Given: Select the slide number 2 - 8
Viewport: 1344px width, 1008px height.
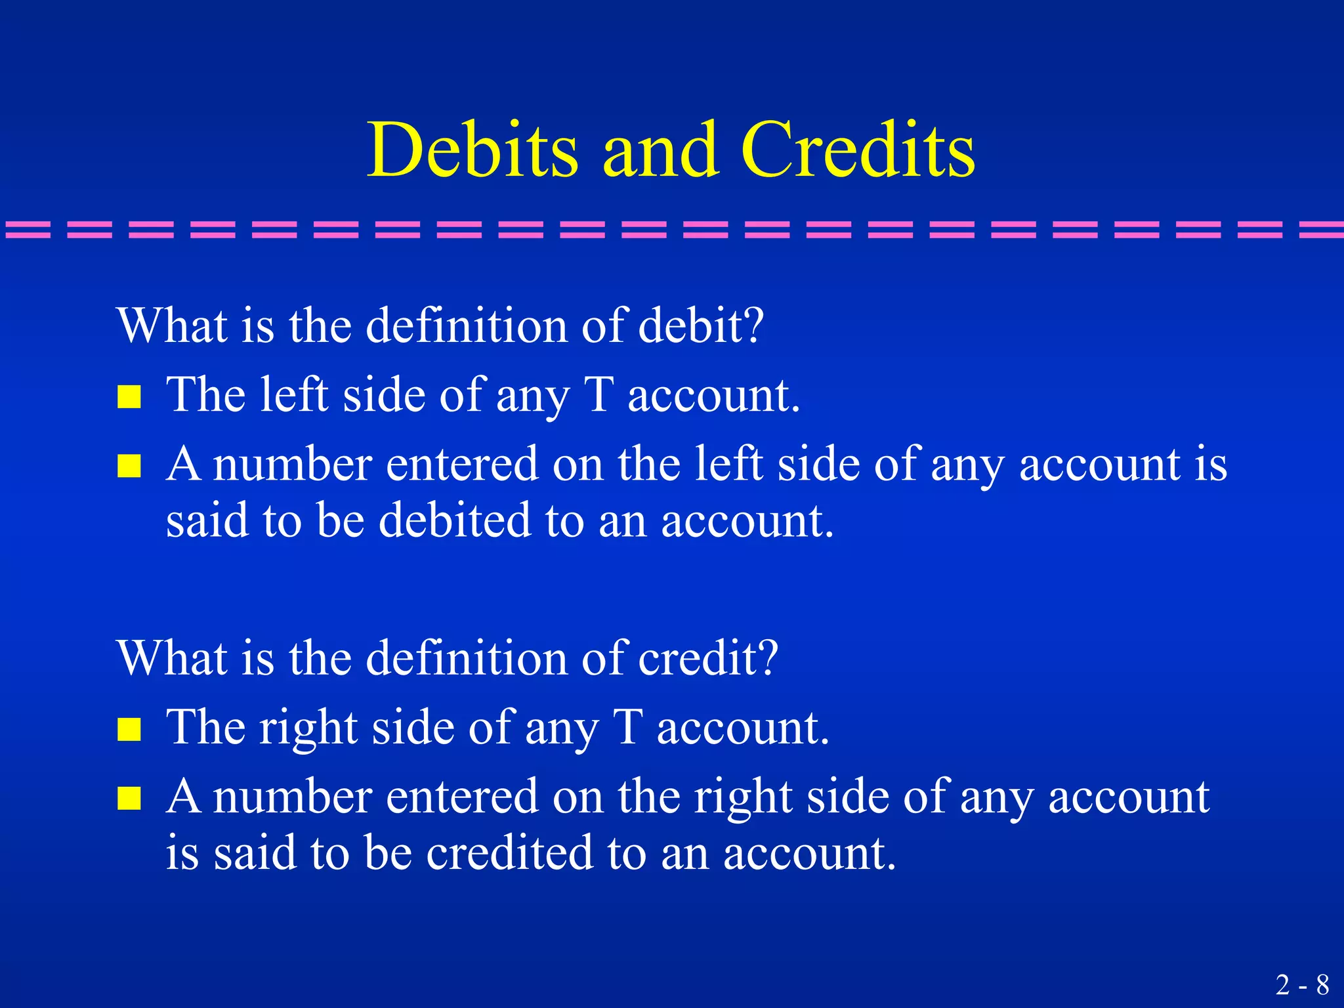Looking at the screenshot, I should (1303, 985).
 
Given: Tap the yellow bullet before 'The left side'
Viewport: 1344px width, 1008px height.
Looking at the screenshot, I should (129, 396).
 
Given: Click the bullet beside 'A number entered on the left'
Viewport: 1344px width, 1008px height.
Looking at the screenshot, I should (129, 466).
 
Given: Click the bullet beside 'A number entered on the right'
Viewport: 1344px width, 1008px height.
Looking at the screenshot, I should (129, 799).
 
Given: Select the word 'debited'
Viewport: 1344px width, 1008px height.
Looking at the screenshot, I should (455, 520).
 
